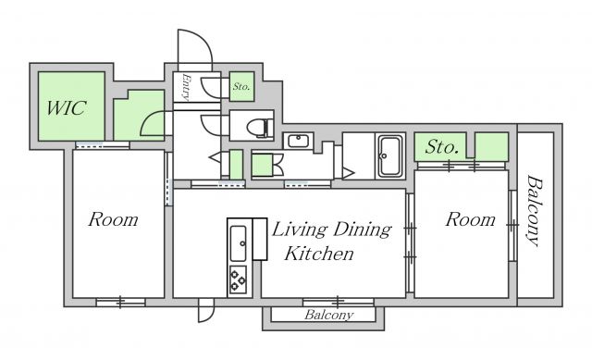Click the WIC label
tap(67, 108)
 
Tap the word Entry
tap(186, 87)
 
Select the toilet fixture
tap(260, 128)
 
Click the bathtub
tap(390, 156)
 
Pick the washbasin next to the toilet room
tap(298, 142)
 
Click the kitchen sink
tap(238, 243)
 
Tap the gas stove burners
tap(238, 279)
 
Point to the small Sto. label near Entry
tap(241, 86)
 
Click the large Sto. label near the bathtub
tap(442, 147)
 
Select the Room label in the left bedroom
tap(113, 219)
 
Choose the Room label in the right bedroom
tap(470, 219)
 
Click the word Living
tap(300, 230)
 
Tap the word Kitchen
tap(319, 254)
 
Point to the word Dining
tap(363, 230)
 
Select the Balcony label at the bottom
tap(329, 315)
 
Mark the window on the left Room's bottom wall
tap(120, 303)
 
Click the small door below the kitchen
tap(205, 310)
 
